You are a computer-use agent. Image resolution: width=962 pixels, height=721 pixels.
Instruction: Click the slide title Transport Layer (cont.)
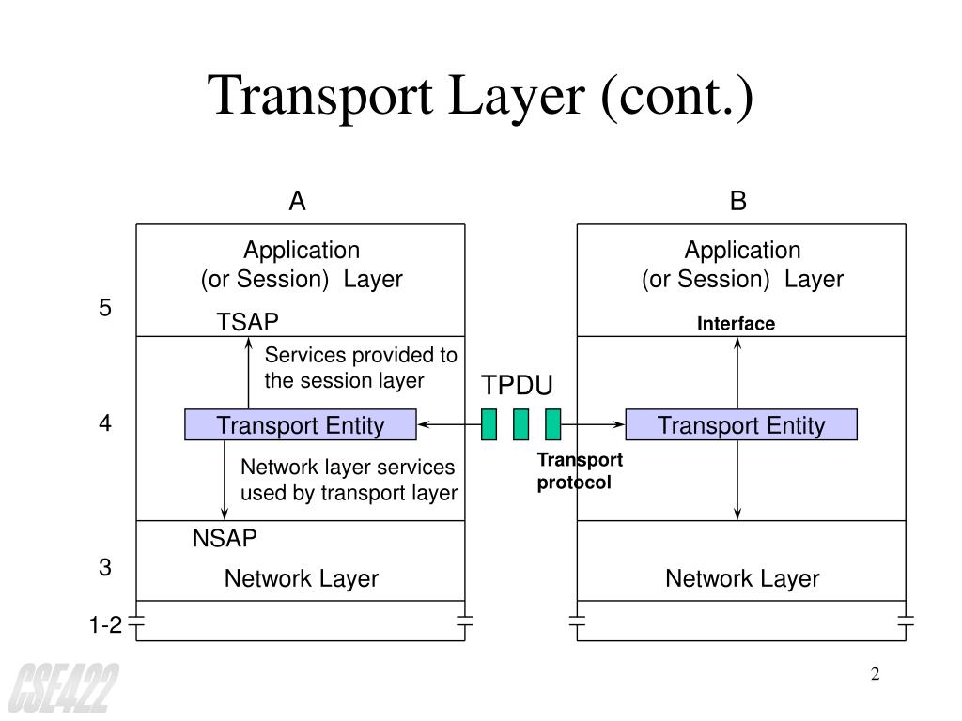481,97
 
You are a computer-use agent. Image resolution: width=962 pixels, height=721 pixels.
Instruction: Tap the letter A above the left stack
297,202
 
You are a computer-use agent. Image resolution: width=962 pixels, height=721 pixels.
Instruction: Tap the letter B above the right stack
738,202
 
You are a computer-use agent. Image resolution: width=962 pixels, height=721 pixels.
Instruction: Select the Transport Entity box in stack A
301,425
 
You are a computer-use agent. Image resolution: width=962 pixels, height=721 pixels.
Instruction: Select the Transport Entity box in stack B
741,425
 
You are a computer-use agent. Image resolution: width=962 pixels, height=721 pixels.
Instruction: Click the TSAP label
248,323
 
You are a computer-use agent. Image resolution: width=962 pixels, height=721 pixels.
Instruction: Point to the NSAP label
225,539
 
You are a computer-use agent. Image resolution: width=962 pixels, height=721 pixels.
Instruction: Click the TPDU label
518,387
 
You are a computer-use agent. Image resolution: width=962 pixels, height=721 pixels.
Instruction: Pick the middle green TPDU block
520,424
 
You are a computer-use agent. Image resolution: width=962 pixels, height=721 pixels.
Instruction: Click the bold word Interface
736,324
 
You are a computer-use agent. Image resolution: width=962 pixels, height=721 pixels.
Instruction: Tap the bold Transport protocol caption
580,471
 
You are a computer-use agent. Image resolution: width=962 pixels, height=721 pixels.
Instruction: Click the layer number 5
105,308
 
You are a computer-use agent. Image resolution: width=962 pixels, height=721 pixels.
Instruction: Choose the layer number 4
105,423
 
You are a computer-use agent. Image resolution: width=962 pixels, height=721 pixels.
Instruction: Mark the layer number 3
105,568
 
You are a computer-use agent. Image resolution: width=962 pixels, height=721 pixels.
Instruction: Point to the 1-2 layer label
106,625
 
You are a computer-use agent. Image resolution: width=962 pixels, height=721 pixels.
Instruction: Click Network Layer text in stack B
742,579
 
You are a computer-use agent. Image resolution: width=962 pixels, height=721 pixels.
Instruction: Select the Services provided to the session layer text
361,368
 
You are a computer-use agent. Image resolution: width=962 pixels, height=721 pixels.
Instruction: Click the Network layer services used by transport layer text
349,480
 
